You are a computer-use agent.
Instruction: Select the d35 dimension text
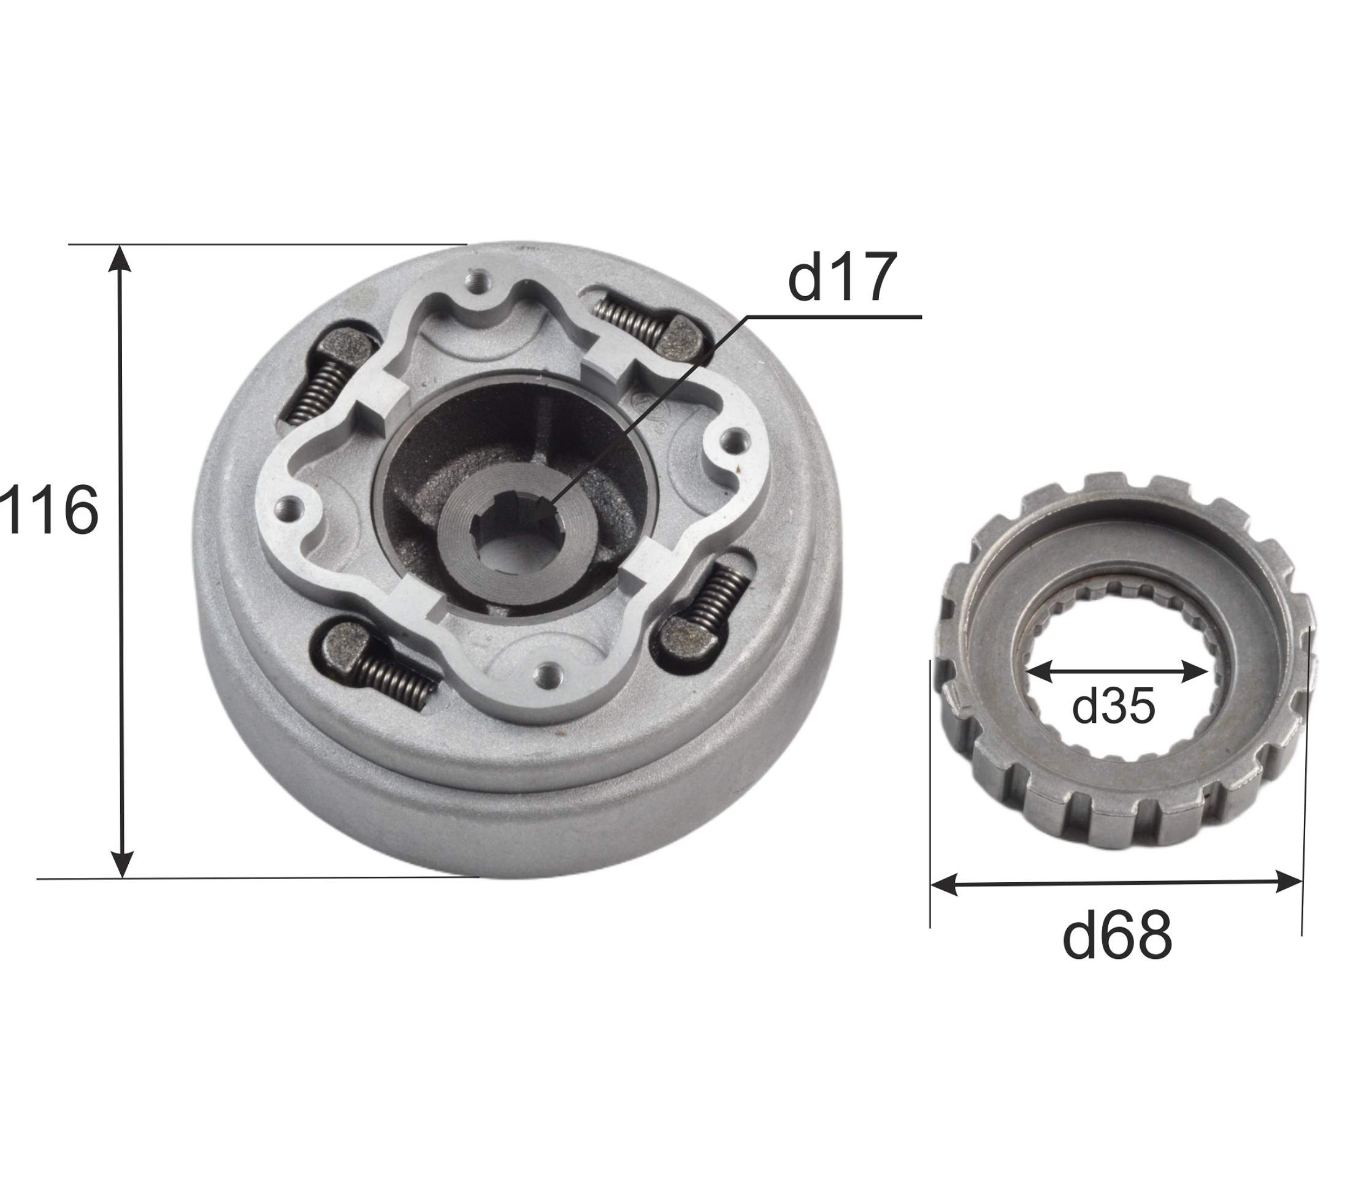pos(1113,706)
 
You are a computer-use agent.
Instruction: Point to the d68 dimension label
pos(1117,935)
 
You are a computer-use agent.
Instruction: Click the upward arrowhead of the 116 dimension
pos(120,258)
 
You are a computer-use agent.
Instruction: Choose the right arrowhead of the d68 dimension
pos(1289,881)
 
